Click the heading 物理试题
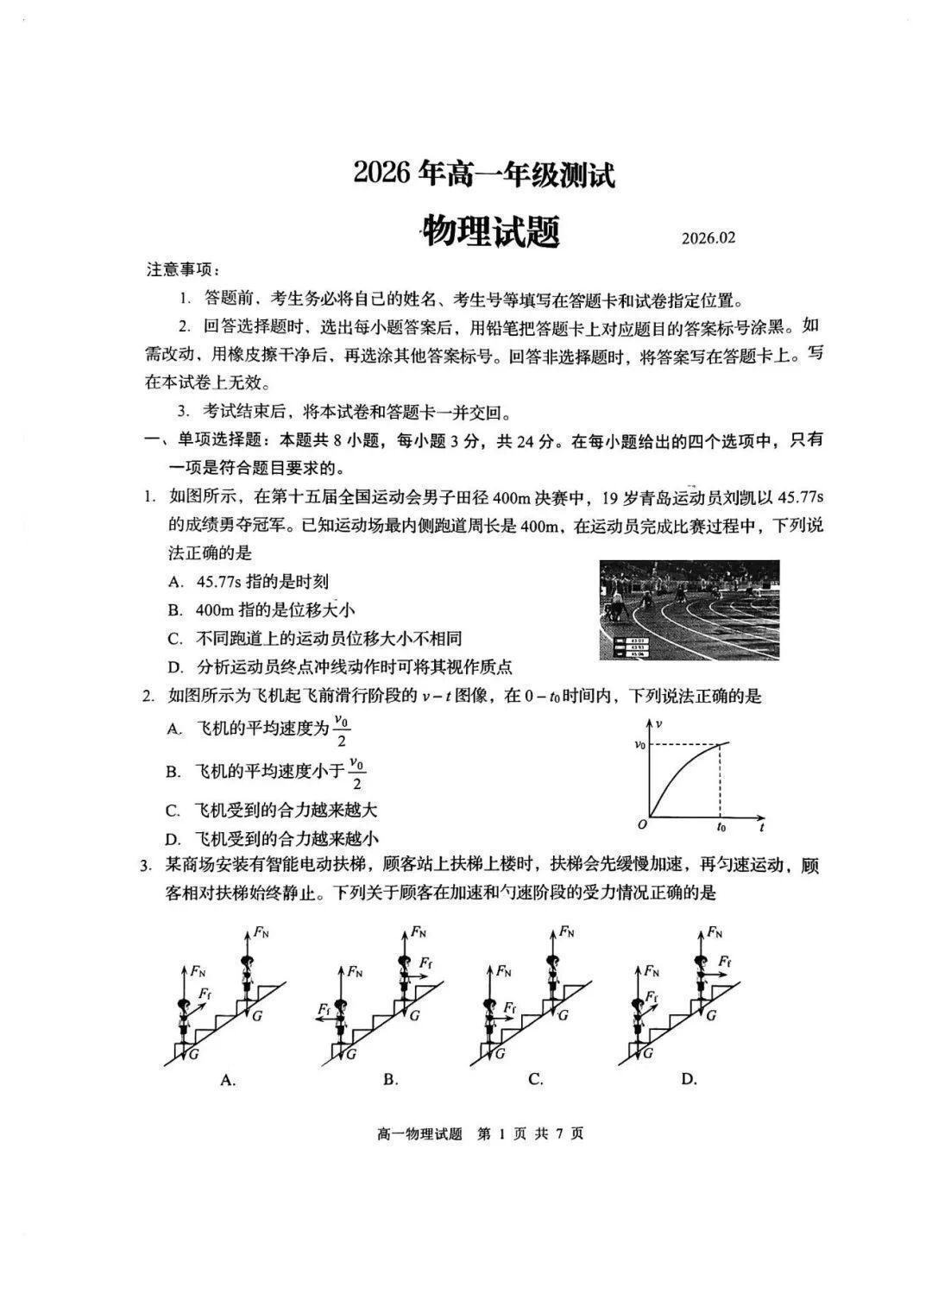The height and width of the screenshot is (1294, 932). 490,231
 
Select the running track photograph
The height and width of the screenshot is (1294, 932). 690,609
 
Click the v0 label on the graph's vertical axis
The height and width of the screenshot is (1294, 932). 639,743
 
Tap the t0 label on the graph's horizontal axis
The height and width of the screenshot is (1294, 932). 721,827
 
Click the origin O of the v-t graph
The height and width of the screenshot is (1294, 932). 642,825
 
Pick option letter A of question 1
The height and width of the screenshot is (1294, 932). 175,583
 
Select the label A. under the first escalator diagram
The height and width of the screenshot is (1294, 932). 228,1079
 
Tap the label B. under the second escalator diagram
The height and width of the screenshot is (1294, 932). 390,1079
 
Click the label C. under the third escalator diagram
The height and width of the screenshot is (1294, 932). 536,1079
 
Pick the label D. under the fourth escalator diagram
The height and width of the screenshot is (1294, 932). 689,1079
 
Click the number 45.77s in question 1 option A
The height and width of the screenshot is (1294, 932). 221,583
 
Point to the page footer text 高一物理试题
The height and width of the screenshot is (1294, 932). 419,1133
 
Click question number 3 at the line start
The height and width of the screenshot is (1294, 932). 148,866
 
